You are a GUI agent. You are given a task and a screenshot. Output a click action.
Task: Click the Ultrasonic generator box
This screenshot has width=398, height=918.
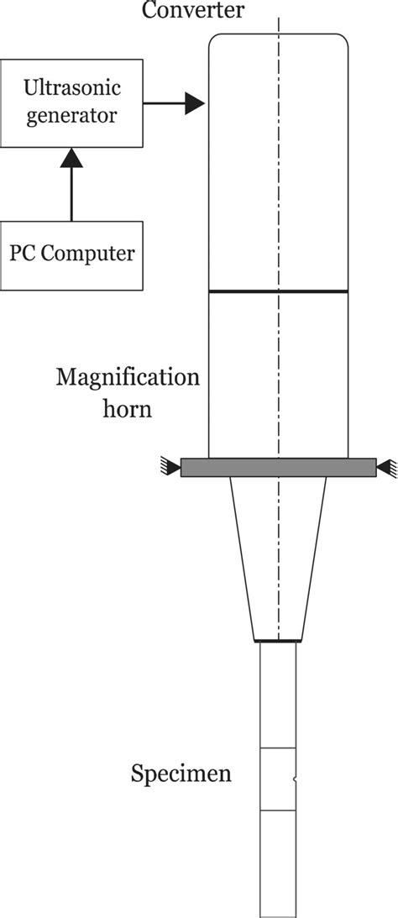[71, 100]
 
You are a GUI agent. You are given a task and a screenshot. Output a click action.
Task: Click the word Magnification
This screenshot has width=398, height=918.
[128, 376]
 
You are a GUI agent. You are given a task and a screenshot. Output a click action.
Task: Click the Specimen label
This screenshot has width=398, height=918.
[181, 773]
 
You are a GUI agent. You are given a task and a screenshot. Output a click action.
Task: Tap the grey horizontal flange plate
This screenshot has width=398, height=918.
[278, 467]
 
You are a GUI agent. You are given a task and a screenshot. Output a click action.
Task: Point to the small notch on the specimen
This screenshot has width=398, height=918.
[295, 780]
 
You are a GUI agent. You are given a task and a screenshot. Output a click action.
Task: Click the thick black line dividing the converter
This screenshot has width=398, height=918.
[278, 291]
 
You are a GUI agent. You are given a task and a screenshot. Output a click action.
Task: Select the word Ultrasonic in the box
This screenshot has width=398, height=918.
[71, 87]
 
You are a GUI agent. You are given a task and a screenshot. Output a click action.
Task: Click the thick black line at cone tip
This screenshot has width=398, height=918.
[278, 642]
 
